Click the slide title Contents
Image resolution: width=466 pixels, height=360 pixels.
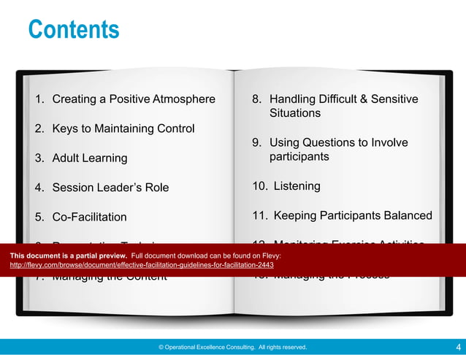[x=73, y=30]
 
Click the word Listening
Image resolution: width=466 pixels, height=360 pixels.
[x=297, y=186]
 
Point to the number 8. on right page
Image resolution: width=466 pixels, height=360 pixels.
[x=256, y=99]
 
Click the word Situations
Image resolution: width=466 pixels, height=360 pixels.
[x=295, y=113]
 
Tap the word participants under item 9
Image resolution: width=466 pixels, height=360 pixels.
[x=299, y=156]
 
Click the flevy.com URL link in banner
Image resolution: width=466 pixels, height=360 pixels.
[x=142, y=265]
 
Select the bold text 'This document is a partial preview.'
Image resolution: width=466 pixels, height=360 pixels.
[x=69, y=256]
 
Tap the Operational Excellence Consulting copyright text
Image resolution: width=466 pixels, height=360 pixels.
[x=233, y=348]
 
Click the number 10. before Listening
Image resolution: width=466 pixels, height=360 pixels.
[x=259, y=186]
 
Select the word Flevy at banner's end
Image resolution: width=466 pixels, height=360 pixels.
[x=272, y=256]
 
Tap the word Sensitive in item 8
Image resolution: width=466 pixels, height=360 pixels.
[x=394, y=99]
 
